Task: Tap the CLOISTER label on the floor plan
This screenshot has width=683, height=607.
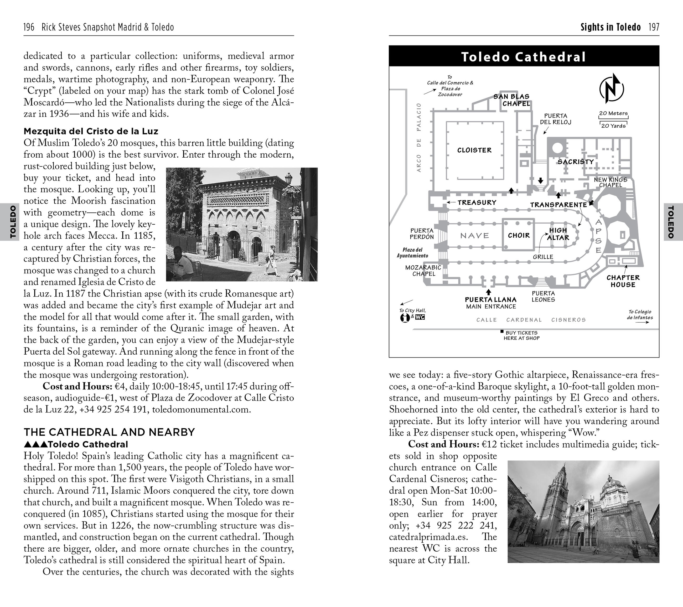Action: [474, 150]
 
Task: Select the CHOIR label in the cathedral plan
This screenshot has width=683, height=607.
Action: [519, 236]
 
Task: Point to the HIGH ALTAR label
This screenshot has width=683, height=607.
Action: [558, 234]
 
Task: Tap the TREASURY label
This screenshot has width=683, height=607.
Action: [477, 203]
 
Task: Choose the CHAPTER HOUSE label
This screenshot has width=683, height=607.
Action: [623, 281]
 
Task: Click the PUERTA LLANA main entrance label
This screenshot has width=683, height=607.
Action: [490, 303]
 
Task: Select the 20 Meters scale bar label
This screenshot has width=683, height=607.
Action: [613, 113]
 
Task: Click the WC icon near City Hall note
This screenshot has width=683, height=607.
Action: [420, 317]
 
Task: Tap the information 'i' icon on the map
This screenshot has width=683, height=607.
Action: [405, 318]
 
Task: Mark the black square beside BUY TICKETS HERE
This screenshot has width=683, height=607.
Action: [502, 332]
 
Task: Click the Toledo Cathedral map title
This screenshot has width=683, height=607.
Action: [524, 57]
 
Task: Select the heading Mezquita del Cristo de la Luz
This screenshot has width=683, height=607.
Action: [91, 131]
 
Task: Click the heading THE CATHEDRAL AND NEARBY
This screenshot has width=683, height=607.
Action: [109, 432]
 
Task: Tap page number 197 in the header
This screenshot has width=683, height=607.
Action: [654, 27]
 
